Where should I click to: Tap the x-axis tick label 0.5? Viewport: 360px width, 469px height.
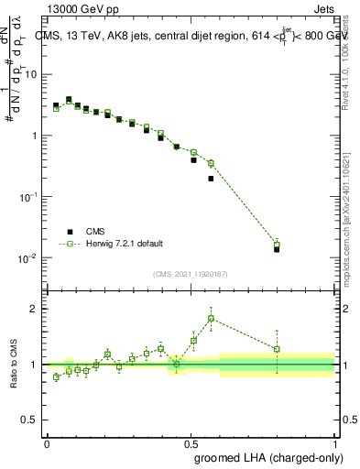(x=191, y=442)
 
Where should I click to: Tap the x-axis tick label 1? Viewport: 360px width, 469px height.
(x=334, y=442)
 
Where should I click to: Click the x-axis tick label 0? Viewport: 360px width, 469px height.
(x=47, y=442)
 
